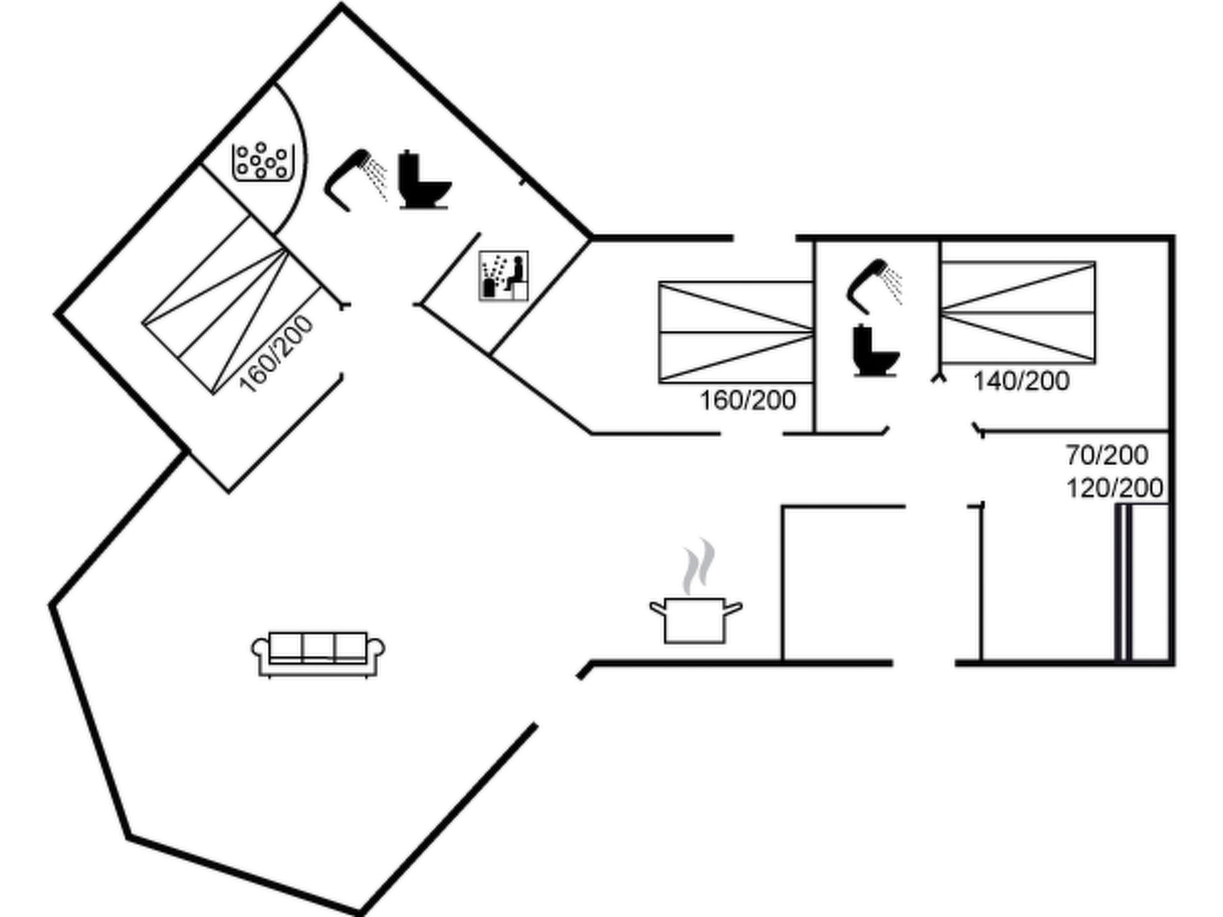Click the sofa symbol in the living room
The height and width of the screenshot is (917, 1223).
click(x=318, y=654)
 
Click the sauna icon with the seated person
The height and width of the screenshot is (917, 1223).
click(x=503, y=275)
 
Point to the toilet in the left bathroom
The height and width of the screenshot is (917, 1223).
click(x=422, y=180)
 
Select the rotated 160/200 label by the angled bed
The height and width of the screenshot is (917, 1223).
click(x=276, y=353)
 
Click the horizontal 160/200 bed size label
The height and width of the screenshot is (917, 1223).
click(x=748, y=401)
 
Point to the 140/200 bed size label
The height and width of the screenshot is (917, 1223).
click(x=1021, y=381)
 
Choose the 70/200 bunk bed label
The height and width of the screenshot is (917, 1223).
click(x=1107, y=456)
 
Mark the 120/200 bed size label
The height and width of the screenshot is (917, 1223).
click(x=1114, y=488)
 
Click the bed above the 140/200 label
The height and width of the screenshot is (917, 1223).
click(x=1018, y=312)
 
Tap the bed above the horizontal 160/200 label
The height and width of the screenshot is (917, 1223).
click(x=736, y=332)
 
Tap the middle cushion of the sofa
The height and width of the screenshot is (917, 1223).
click(x=318, y=646)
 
